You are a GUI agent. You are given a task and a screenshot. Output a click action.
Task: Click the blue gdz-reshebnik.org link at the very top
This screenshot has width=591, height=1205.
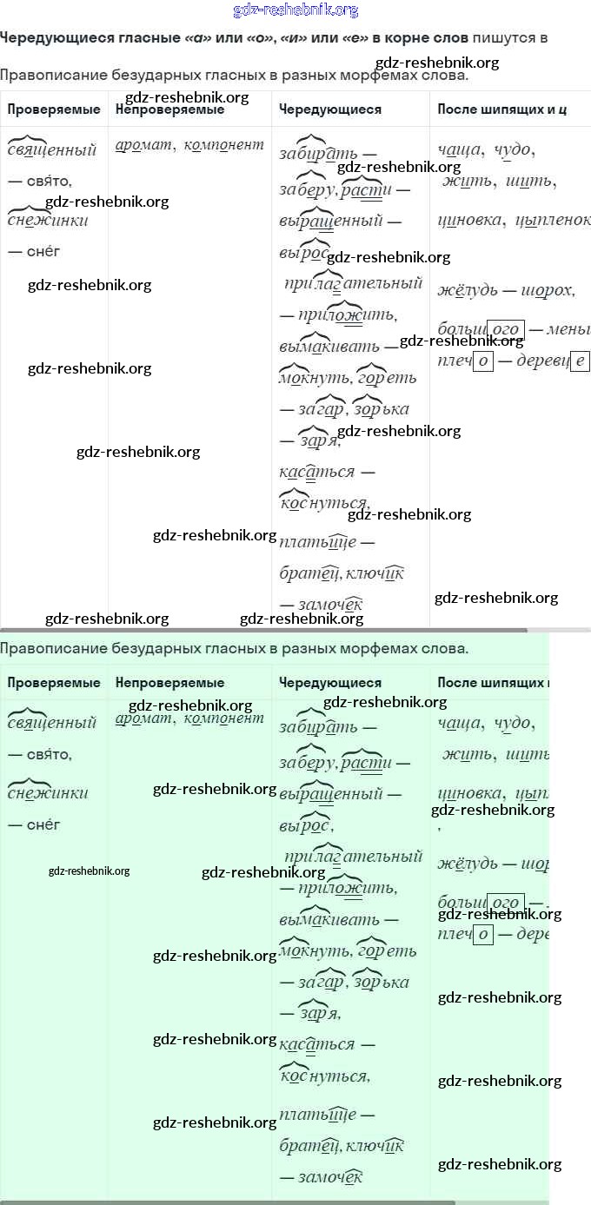(295, 10)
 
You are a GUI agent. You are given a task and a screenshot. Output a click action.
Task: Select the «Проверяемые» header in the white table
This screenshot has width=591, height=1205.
(54, 109)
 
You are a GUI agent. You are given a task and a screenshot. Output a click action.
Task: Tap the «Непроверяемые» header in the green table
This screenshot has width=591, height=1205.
(169, 683)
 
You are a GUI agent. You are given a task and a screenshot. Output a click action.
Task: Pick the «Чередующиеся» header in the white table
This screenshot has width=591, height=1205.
(330, 109)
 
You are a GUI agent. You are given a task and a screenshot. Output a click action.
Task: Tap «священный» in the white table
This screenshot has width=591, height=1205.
(51, 149)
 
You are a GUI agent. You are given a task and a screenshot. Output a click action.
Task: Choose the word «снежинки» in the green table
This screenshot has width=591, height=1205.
(48, 792)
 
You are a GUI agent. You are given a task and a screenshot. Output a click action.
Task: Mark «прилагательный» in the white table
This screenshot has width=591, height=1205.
(353, 283)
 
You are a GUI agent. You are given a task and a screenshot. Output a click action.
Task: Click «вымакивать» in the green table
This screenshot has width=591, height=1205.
(329, 919)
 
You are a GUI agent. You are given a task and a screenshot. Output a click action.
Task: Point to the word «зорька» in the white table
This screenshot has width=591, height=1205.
(382, 408)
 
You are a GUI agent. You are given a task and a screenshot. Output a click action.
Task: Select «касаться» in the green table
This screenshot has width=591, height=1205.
(317, 1044)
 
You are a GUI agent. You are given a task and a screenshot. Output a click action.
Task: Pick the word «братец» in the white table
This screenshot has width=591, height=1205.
(309, 573)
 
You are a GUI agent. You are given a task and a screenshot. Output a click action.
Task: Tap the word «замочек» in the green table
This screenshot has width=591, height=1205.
(329, 1177)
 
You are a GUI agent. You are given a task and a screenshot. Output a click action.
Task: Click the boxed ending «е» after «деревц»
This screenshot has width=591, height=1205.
(581, 361)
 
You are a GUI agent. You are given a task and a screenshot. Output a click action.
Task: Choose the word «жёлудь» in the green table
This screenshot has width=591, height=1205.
(468, 864)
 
